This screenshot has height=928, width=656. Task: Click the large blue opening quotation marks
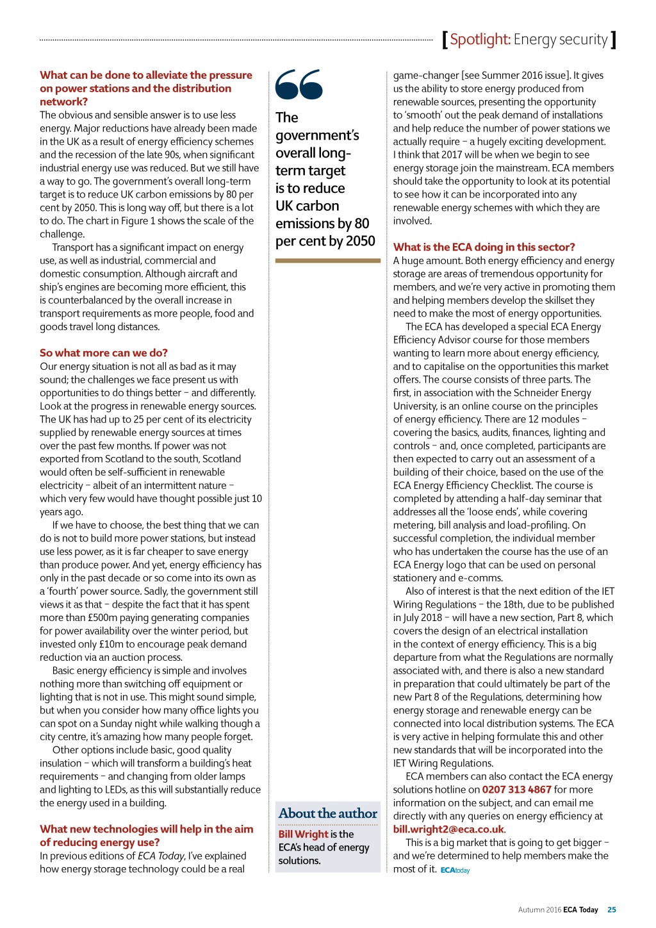pyautogui.click(x=299, y=85)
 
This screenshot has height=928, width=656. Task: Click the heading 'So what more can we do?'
pyautogui.click(x=104, y=352)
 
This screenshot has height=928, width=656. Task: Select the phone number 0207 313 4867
pyautogui.click(x=516, y=790)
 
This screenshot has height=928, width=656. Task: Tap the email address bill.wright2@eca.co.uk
pyautogui.click(x=448, y=829)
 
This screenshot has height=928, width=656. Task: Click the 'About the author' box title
pyautogui.click(x=328, y=813)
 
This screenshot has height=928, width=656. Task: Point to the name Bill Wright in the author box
pyautogui.click(x=303, y=834)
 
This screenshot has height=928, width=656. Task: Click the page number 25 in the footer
pyautogui.click(x=612, y=909)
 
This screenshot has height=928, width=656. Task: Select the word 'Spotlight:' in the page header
pyautogui.click(x=480, y=40)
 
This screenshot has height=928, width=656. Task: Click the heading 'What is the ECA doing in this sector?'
pyautogui.click(x=484, y=247)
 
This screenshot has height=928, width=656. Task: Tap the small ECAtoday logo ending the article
pyautogui.click(x=455, y=870)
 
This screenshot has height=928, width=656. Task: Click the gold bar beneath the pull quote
pyautogui.click(x=327, y=261)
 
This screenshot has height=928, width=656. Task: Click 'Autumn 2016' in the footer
pyautogui.click(x=539, y=909)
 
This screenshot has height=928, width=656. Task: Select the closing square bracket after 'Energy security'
pyautogui.click(x=614, y=40)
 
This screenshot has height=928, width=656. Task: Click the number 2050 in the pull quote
pyautogui.click(x=360, y=241)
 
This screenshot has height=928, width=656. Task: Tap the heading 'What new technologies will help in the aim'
pyautogui.click(x=146, y=829)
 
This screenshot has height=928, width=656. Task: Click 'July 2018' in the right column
pyautogui.click(x=422, y=618)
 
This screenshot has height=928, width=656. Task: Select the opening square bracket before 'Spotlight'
pyautogui.click(x=445, y=40)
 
